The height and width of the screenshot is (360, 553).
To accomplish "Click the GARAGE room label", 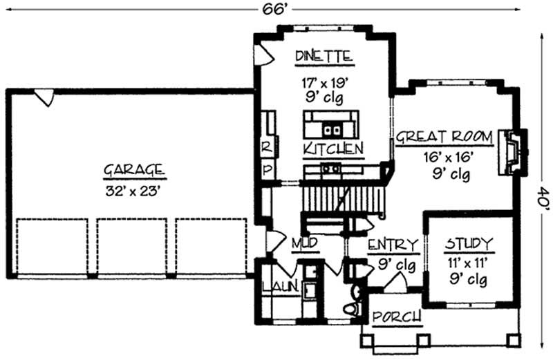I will click(134, 169).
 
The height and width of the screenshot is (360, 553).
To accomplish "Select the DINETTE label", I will click(324, 56).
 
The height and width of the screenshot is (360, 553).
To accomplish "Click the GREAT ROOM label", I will click(443, 136).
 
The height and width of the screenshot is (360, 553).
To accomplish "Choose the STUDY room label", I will click(469, 243).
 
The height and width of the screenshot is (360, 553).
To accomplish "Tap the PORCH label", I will click(397, 317).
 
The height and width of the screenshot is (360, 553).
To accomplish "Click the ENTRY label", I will click(392, 245).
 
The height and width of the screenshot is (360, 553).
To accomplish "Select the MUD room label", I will click(303, 244).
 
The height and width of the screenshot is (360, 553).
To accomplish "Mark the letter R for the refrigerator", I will click(265, 147).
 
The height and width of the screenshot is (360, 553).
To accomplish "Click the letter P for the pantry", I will click(265, 169).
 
